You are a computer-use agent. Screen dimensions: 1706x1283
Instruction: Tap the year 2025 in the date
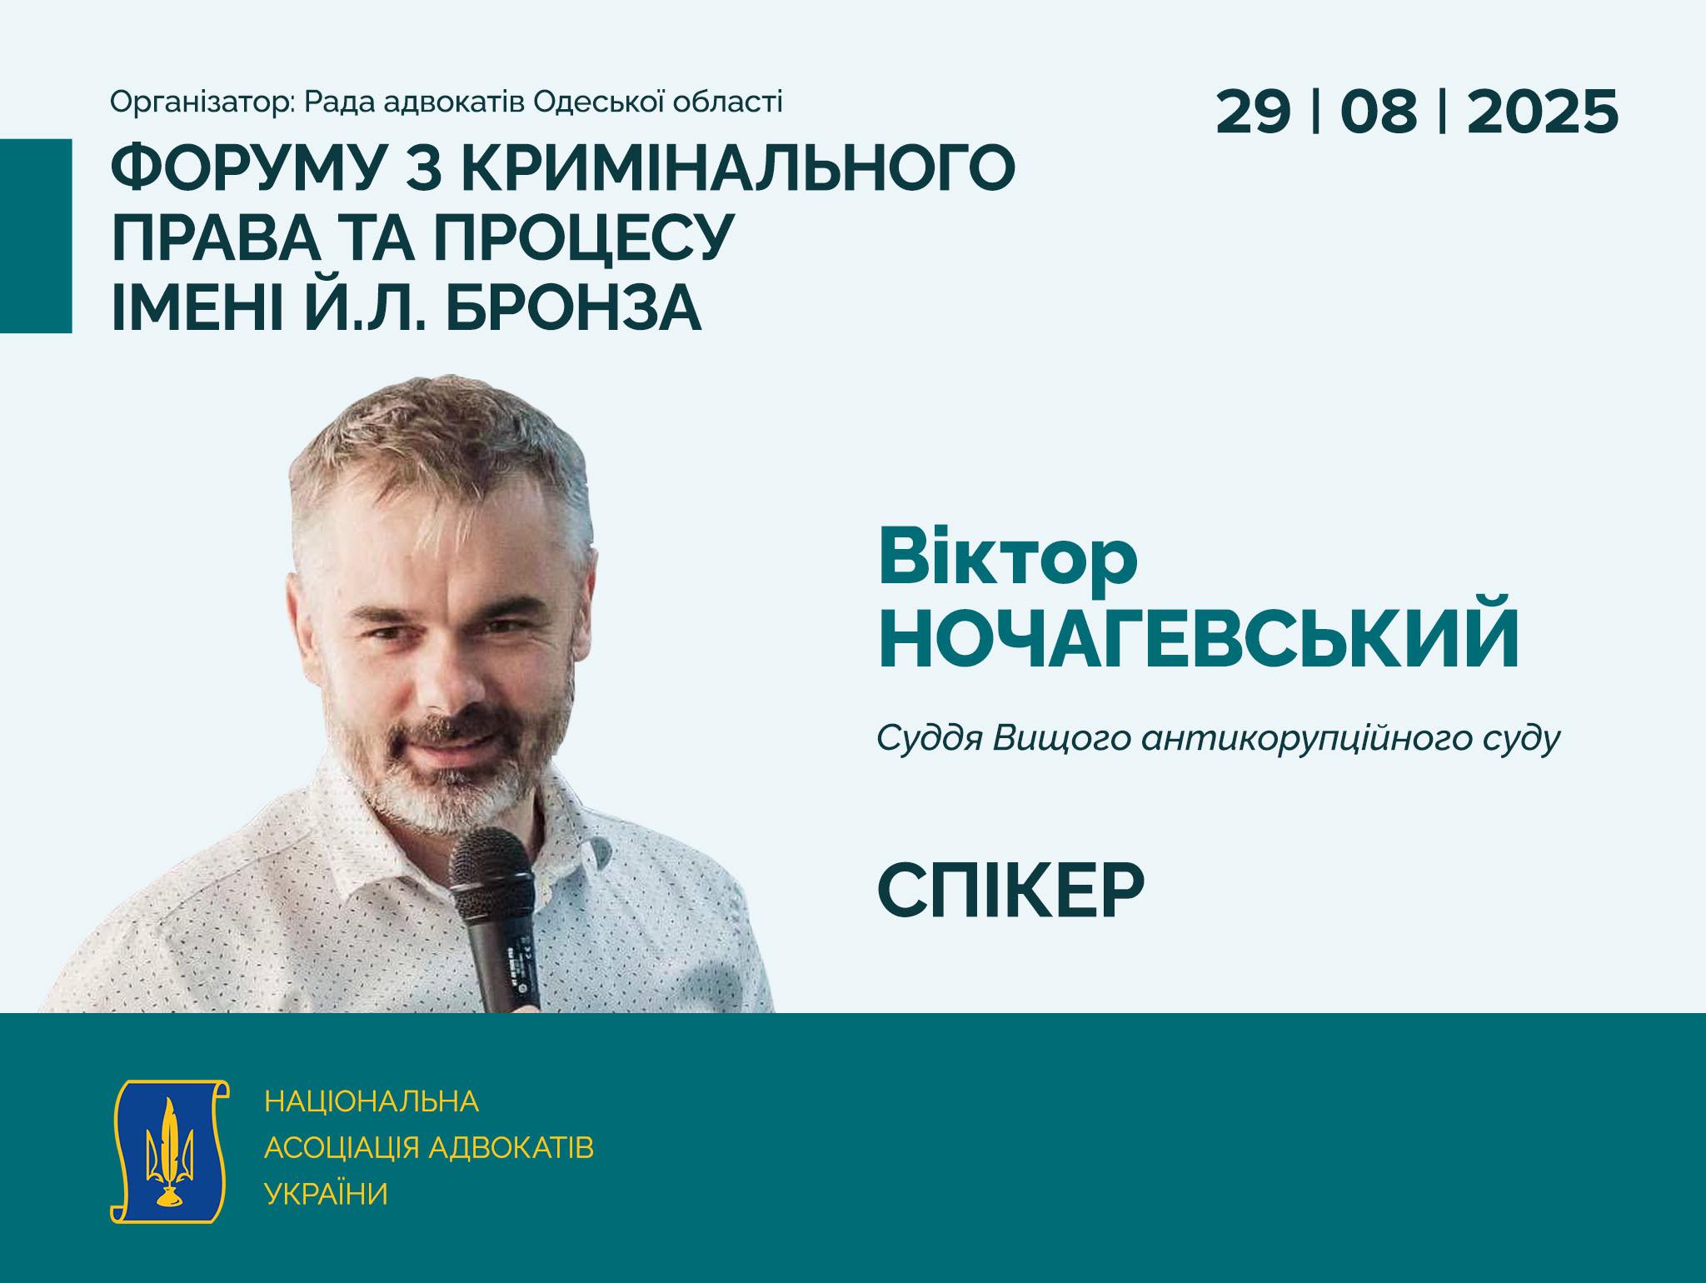coord(1543,112)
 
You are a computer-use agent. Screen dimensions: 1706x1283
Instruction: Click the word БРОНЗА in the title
coord(574,306)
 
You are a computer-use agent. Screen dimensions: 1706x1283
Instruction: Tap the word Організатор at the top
coord(202,102)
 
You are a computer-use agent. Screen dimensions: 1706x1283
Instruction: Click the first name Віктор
coord(1008,557)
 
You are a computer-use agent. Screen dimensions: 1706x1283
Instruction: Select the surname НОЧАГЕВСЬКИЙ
coord(1200,639)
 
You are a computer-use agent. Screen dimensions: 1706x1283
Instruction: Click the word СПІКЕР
coord(1011,891)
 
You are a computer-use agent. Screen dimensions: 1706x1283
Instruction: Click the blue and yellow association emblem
coord(170,1151)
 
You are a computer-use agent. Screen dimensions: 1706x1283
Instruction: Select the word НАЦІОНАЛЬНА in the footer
coord(372,1101)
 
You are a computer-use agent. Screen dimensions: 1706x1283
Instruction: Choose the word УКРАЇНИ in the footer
coord(327,1194)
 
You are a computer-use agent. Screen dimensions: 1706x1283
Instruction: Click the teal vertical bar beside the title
coord(36,236)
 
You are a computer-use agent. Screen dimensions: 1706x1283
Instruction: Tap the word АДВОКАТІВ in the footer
coord(511,1148)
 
